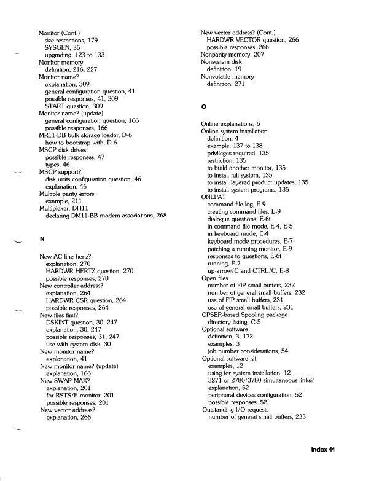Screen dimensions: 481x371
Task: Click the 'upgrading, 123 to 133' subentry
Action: click(x=74, y=55)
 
